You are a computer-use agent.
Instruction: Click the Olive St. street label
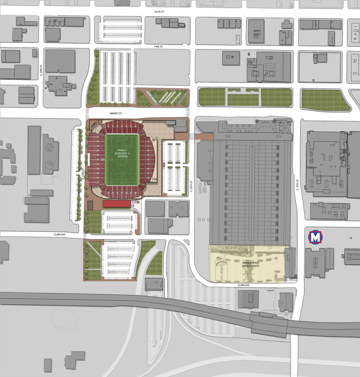(x=159, y=12)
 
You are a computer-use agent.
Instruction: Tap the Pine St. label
(x=159, y=47)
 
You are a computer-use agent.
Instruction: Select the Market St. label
(x=116, y=113)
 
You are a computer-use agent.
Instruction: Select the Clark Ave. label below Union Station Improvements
(x=244, y=285)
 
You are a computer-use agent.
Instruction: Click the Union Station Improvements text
(x=250, y=265)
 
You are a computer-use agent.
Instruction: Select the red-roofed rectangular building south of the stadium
(x=116, y=204)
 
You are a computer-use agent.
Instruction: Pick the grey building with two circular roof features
(x=50, y=154)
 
